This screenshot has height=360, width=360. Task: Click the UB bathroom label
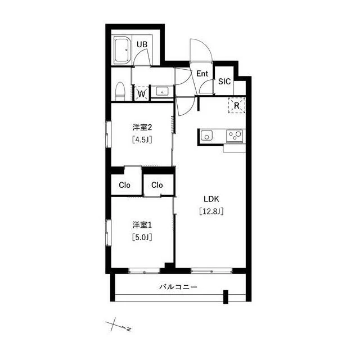pos(142,44)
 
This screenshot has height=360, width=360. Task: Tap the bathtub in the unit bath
pos(123,51)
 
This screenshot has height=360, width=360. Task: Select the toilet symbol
pos(120,92)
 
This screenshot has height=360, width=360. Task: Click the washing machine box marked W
pos(142,93)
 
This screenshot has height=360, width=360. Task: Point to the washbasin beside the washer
pos(162,92)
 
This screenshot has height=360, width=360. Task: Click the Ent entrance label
pos(202,74)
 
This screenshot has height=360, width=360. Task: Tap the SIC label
pos(224,82)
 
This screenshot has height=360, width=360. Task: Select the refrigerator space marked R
pos(237,105)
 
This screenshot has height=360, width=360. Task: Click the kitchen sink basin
pos(206,136)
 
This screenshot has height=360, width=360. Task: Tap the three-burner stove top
pos(235,136)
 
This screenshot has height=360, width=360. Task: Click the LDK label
pos(211,199)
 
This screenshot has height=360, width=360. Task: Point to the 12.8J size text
pos(211,211)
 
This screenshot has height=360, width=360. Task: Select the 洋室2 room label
pos(142,127)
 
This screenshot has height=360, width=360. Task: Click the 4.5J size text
pos(142,139)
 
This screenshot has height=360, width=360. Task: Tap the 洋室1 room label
pos(142,225)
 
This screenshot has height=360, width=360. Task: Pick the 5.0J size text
pos(142,237)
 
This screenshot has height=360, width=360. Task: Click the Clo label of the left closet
pos(124,185)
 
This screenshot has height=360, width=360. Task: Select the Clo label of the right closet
pos(157,185)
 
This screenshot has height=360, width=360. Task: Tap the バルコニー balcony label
pos(178,287)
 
